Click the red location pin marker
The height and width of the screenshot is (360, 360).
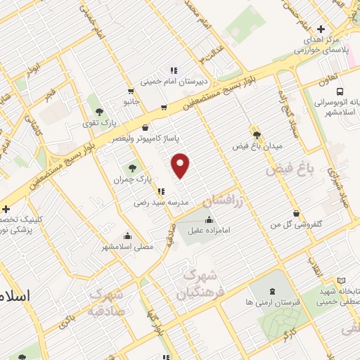click(181, 165)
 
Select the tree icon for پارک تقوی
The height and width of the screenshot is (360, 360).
click(99, 111)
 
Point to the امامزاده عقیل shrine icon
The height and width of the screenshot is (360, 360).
click(209, 219)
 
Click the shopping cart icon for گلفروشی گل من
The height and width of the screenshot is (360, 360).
click(297, 212)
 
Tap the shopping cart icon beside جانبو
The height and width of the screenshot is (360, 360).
click(131, 91)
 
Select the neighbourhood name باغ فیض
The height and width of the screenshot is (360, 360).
click(288, 169)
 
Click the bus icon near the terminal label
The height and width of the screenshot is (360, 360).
click(340, 91)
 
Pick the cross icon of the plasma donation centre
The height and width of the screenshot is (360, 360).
click(321, 30)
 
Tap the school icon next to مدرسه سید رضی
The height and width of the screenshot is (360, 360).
click(162, 191)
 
